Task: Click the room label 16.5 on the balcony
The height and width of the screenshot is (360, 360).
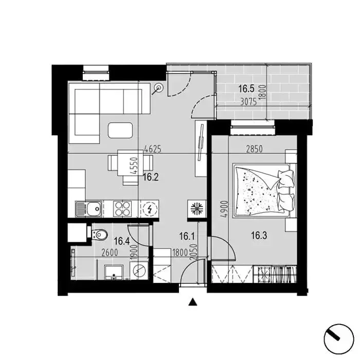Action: tap(246, 88)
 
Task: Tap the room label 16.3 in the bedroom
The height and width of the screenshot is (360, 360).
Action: tap(259, 236)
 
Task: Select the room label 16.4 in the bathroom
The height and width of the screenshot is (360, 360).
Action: tap(122, 241)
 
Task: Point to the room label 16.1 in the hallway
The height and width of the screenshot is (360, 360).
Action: tap(187, 236)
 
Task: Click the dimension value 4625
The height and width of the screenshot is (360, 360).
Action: tap(153, 149)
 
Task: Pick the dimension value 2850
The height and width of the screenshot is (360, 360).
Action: tap(254, 149)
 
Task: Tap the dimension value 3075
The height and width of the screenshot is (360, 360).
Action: tap(248, 102)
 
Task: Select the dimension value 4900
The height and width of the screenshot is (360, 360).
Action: tap(225, 209)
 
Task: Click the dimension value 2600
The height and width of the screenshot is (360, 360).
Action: tap(110, 253)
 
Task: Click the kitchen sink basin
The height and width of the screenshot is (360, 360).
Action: tap(94, 209)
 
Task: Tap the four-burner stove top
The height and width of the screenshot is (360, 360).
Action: tap(122, 209)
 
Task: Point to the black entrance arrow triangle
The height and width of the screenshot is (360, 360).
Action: tap(193, 302)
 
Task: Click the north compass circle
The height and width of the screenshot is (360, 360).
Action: tap(338, 339)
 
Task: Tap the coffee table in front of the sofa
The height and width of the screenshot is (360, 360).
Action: tap(120, 130)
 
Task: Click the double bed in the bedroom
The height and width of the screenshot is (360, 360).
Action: tap(264, 190)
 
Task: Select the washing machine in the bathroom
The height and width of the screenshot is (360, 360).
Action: tap(139, 270)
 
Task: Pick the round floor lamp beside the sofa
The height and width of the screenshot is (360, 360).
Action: tap(158, 87)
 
